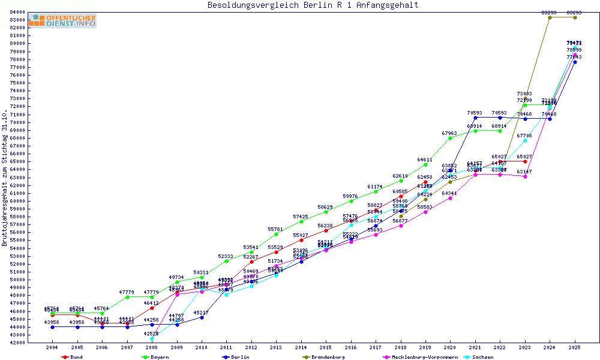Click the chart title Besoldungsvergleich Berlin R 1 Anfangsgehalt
313,5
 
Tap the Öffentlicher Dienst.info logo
62,21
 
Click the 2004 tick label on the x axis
53,347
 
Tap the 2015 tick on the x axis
325,347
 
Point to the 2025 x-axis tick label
575,347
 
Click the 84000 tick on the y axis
17,12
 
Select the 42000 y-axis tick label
17,343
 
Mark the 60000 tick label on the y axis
17,201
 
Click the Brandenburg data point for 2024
550,17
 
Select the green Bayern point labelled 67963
451,138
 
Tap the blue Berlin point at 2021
475,118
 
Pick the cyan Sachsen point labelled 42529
152,338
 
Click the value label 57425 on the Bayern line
301,217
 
